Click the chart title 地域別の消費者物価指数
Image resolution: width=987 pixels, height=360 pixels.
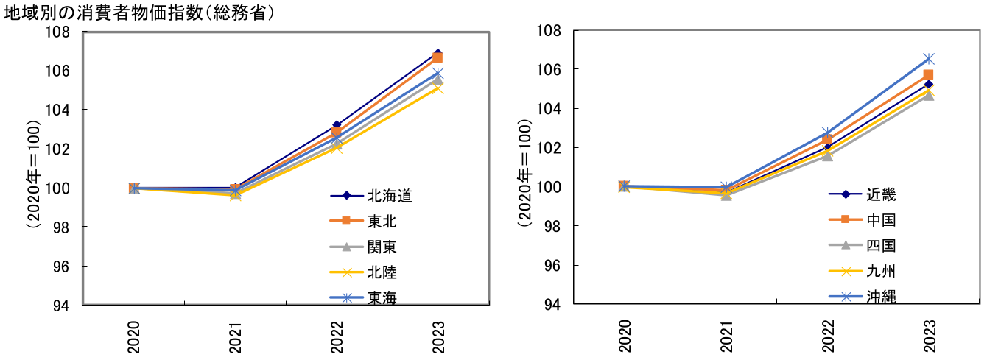click(140, 14)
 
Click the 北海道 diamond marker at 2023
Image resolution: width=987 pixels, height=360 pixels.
click(438, 54)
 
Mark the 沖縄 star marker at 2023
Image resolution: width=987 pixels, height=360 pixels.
click(929, 58)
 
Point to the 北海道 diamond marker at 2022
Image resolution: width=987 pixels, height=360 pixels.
click(337, 126)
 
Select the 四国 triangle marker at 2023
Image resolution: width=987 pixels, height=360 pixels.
click(929, 95)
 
